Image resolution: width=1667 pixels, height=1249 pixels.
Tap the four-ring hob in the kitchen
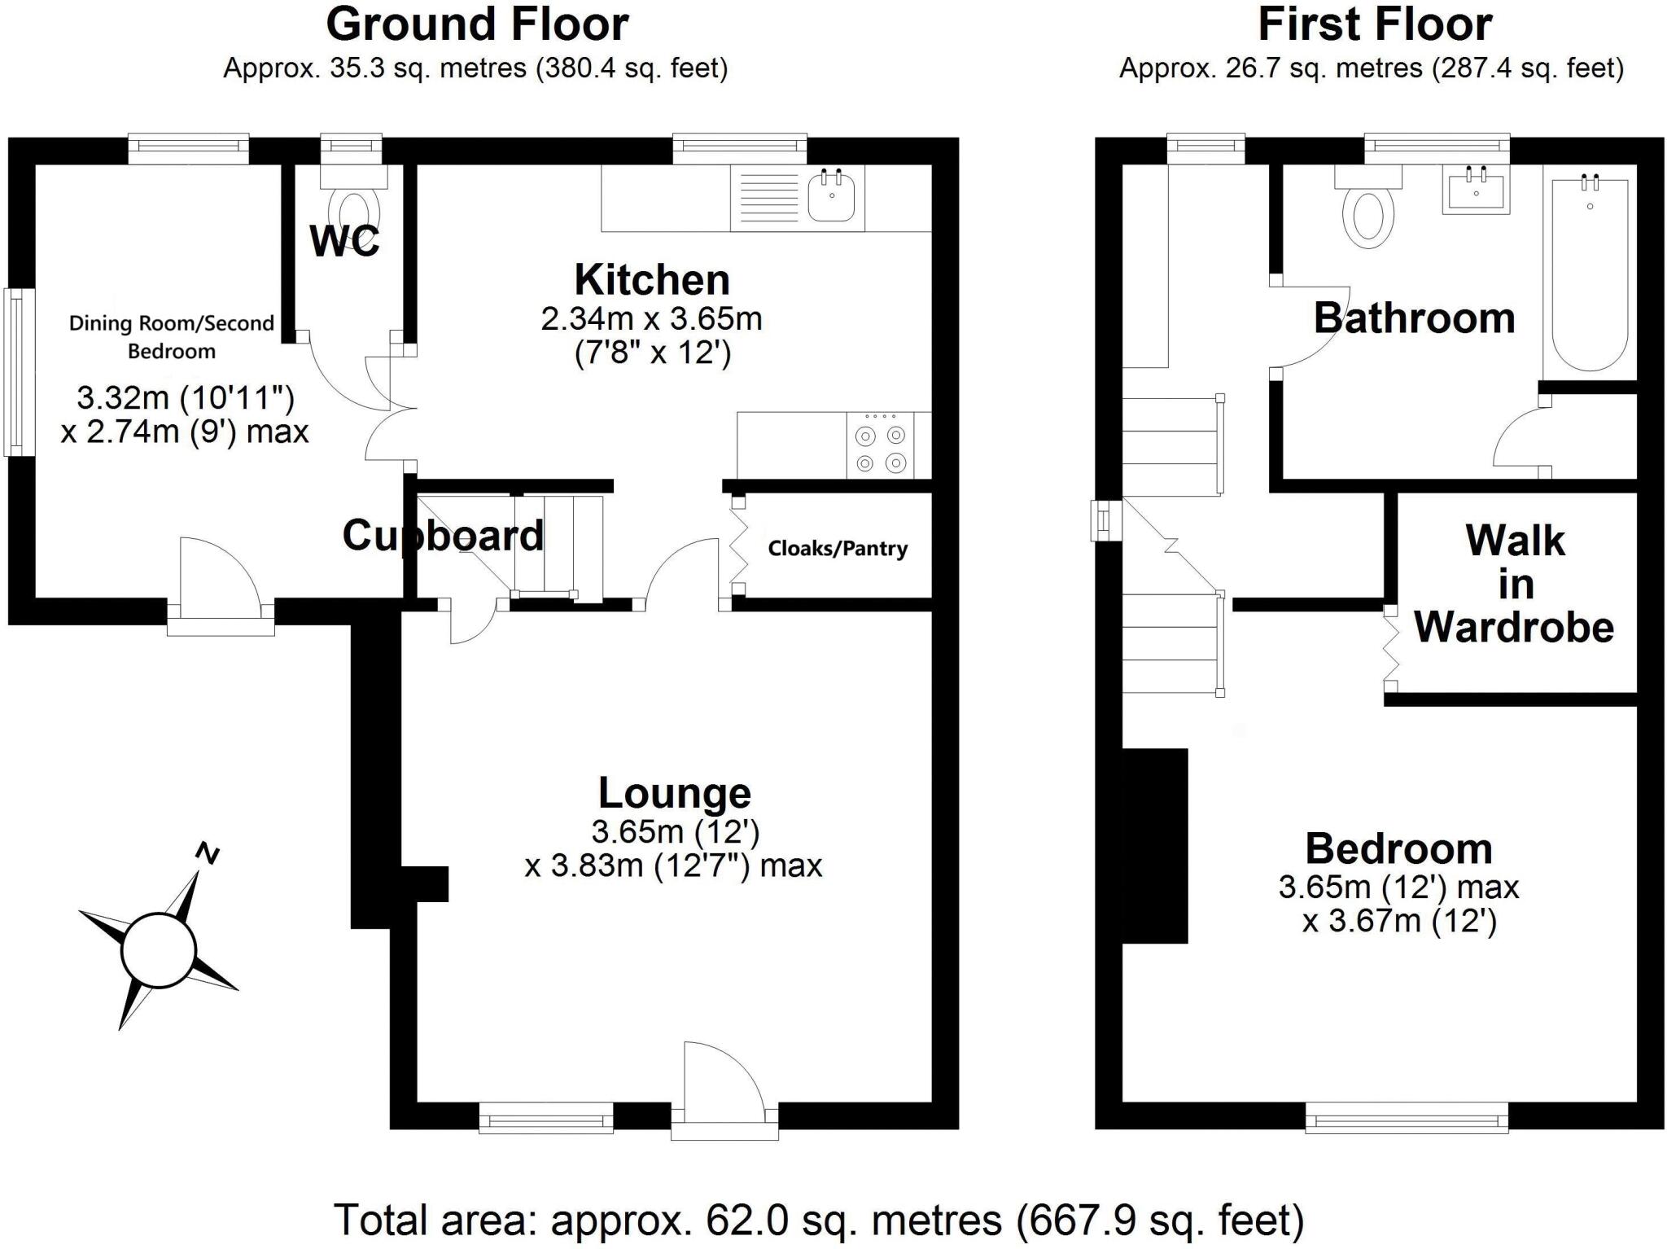tap(881, 445)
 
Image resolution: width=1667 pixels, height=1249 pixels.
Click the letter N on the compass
tap(208, 853)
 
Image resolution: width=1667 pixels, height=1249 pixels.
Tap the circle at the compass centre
tap(159, 950)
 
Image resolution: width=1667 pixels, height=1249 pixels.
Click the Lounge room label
tap(675, 793)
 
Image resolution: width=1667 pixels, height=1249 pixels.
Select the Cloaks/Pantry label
tap(838, 549)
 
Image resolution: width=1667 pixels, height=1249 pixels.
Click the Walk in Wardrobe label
tap(1515, 584)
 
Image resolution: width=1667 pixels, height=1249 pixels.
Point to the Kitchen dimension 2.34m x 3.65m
tap(652, 319)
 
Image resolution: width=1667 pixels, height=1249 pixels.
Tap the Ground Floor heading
tap(477, 24)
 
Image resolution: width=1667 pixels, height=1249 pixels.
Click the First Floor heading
tap(1375, 24)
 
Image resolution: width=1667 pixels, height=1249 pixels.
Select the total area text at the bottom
tap(819, 1220)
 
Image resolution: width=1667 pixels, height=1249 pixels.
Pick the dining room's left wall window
tap(15, 372)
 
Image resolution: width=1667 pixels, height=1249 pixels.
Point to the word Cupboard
tap(443, 536)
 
